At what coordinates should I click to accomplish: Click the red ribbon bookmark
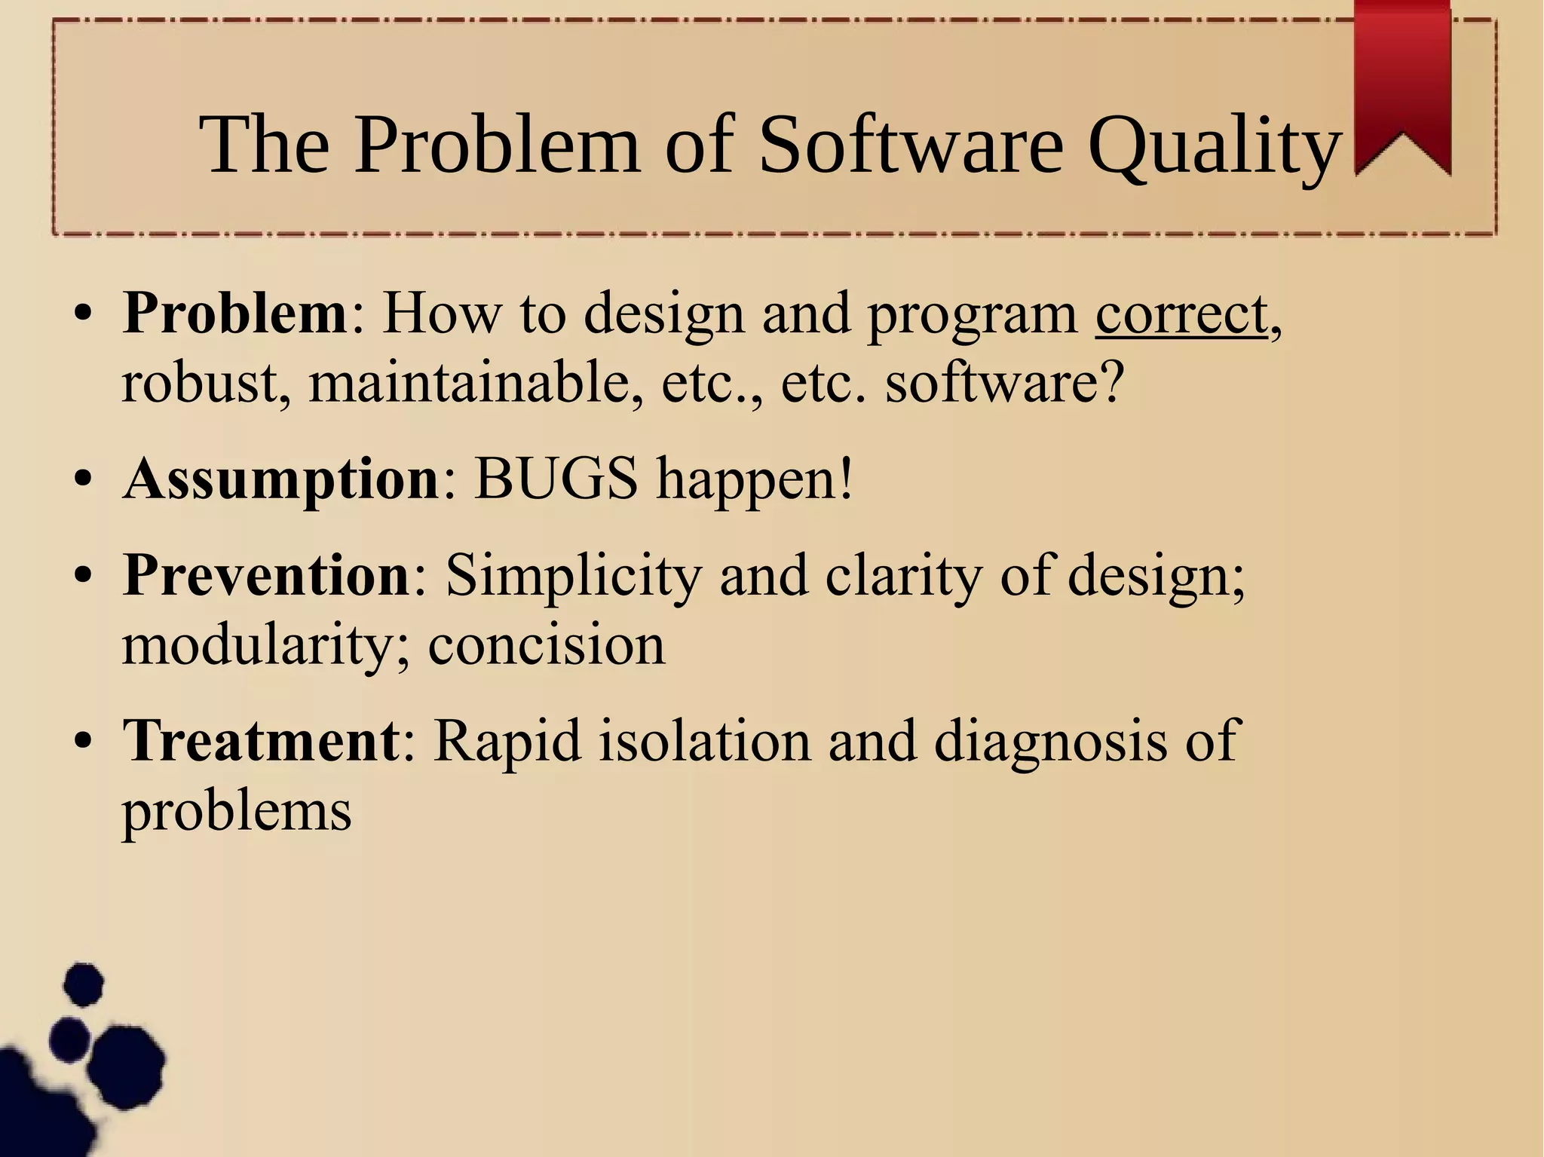tap(1402, 83)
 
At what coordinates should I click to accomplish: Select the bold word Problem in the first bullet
tap(234, 313)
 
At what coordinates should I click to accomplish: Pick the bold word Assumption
tap(281, 480)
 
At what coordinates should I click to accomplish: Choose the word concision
tap(547, 646)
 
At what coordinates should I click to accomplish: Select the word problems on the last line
tap(237, 813)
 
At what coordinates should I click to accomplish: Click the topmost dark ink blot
tap(83, 984)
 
